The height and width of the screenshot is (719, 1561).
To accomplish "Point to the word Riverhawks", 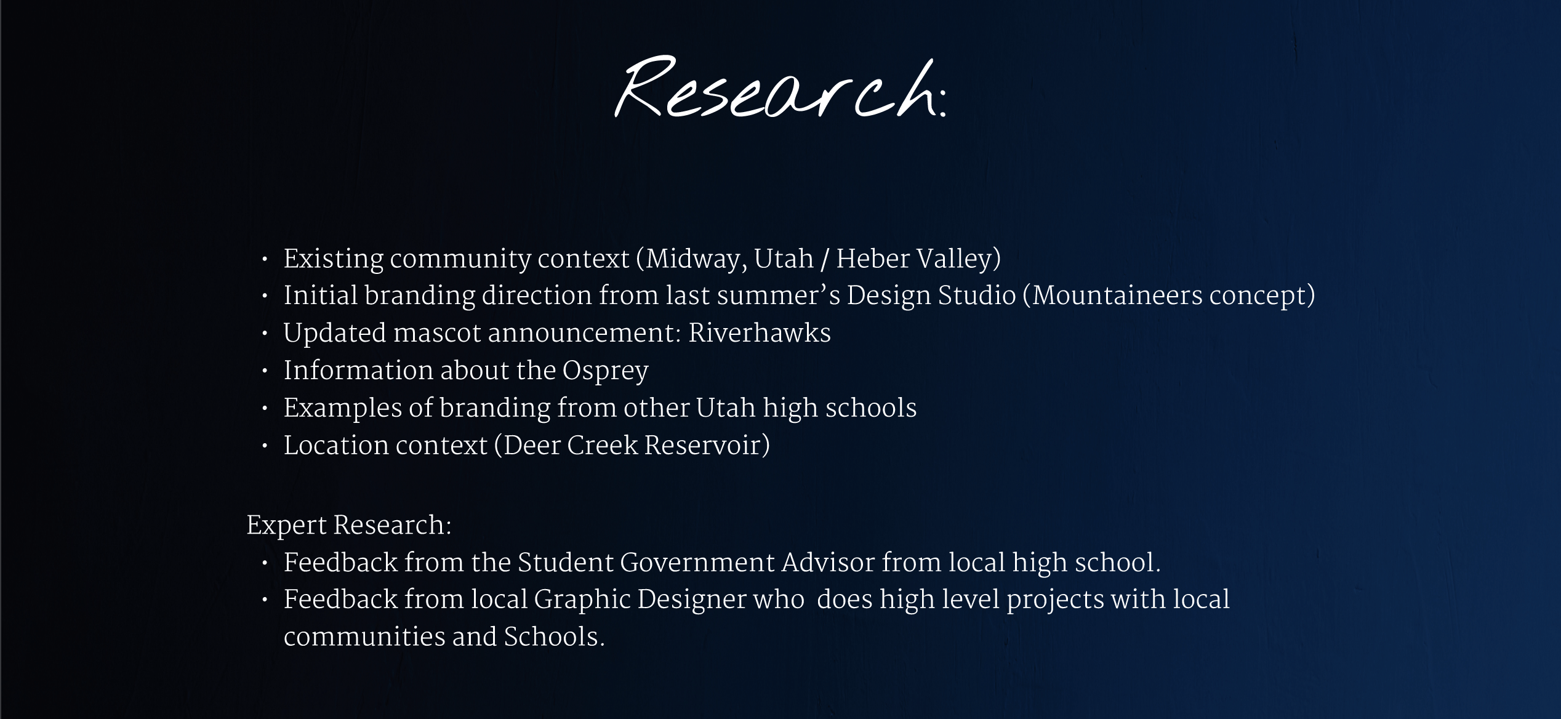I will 760,334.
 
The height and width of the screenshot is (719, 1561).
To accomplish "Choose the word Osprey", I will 605,371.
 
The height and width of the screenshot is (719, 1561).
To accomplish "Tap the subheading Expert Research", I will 348,526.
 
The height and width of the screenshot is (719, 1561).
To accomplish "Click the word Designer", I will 691,600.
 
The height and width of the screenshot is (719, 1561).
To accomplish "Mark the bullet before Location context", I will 265,446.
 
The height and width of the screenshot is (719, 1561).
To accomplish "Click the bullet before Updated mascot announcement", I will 265,334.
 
